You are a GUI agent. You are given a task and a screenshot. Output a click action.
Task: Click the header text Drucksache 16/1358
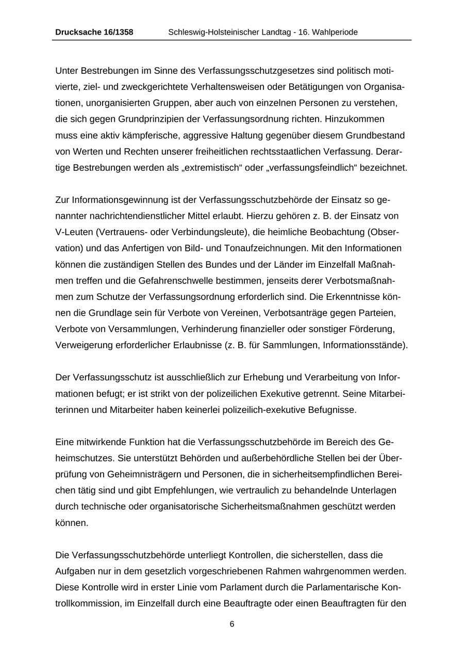94,32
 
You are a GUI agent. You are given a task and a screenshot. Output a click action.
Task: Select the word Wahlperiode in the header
334,32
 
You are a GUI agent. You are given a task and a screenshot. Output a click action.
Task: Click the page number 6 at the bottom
232,624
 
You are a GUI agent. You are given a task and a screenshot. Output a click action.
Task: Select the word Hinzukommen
355,119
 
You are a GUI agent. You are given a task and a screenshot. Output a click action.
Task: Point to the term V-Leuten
74,232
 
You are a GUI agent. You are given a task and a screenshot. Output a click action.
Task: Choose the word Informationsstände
365,345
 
